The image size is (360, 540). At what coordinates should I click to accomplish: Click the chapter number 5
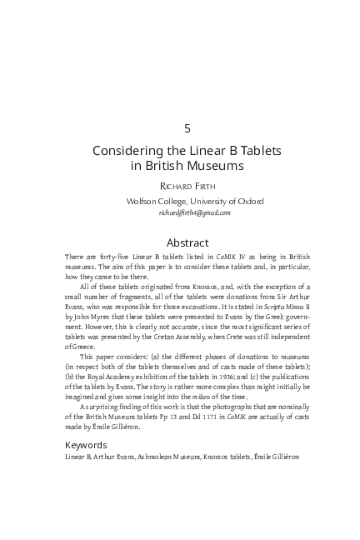pyautogui.click(x=187, y=127)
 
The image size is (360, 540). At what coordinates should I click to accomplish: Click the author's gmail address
pyautogui.click(x=195, y=212)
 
